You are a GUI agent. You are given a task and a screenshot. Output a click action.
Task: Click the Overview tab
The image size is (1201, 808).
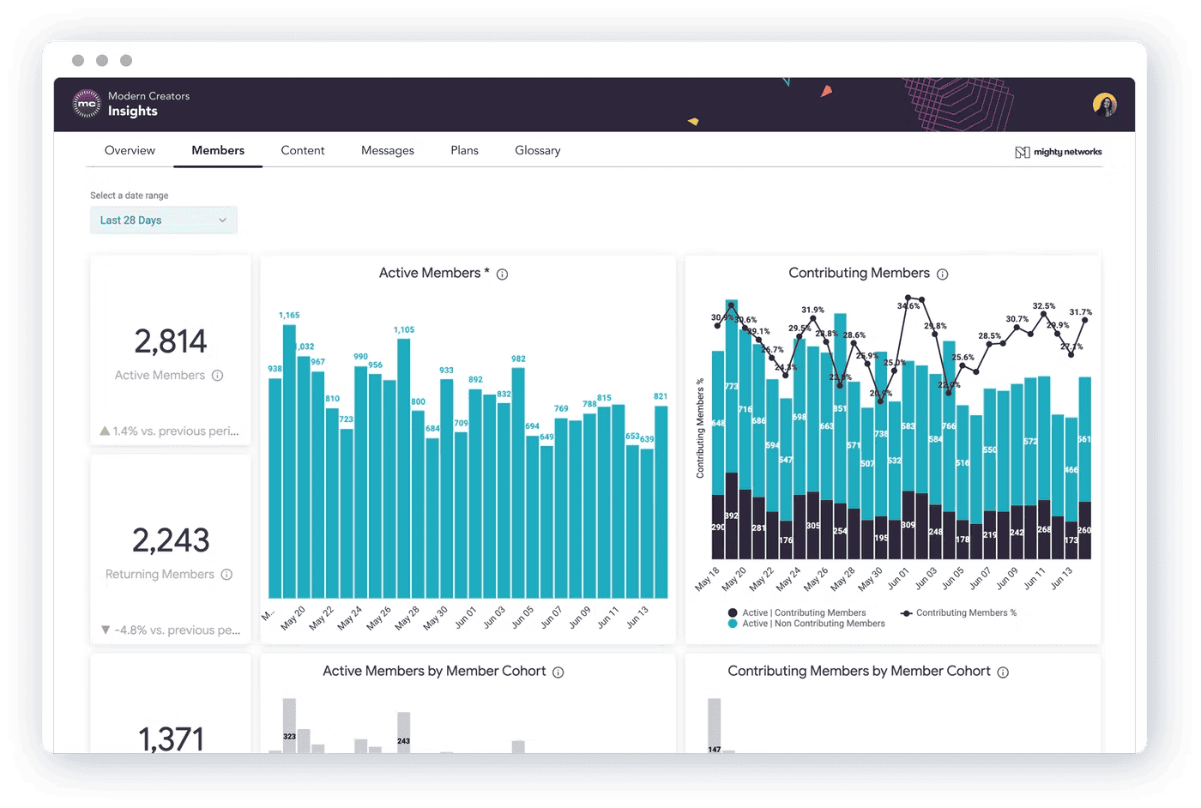pos(130,151)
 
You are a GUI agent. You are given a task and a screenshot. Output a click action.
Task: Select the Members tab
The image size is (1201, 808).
pos(218,151)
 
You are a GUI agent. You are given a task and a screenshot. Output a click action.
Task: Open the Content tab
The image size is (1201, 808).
pos(303,151)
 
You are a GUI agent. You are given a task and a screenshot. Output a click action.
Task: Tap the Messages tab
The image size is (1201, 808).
pos(388,151)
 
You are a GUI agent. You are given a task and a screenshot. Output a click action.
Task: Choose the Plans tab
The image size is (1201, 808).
pos(464,151)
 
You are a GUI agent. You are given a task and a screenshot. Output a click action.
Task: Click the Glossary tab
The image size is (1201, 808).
pos(538,151)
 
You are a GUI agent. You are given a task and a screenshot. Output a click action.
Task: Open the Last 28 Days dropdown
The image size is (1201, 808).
pos(163,220)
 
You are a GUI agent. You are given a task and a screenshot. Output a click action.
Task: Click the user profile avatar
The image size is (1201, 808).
pos(1104,105)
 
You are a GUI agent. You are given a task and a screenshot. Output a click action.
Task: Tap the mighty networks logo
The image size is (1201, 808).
pos(1059,152)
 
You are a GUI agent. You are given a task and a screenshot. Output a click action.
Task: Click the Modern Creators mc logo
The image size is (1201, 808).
pos(87,104)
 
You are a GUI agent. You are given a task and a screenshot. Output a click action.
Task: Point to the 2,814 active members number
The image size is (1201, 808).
pos(170,341)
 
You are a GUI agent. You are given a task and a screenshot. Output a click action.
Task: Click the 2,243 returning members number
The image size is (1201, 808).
pos(170,540)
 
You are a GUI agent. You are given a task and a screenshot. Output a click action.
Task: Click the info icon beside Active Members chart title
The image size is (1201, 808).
pos(503,274)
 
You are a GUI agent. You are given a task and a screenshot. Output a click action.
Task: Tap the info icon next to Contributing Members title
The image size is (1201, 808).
pos(942,274)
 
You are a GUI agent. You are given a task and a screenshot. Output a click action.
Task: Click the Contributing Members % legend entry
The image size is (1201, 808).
pos(959,613)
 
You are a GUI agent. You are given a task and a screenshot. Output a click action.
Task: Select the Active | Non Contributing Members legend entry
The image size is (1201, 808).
pos(812,624)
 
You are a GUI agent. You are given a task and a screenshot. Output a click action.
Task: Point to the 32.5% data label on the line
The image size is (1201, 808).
pos(1044,306)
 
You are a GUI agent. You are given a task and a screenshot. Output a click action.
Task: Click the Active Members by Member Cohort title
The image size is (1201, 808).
pos(434,672)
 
